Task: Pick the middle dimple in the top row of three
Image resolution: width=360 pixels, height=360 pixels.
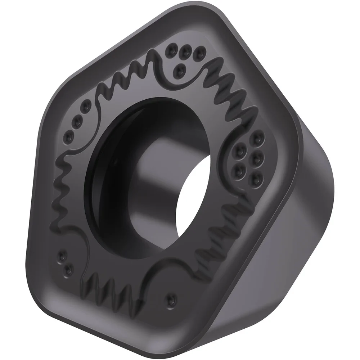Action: coord(185,51)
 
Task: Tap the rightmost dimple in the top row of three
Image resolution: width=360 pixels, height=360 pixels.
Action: coord(199,54)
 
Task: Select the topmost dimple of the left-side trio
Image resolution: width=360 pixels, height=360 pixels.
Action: coord(86,107)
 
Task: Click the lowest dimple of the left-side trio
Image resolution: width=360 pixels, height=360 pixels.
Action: coord(69,137)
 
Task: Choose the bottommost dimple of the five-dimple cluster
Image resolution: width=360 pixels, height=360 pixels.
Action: coord(255,177)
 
